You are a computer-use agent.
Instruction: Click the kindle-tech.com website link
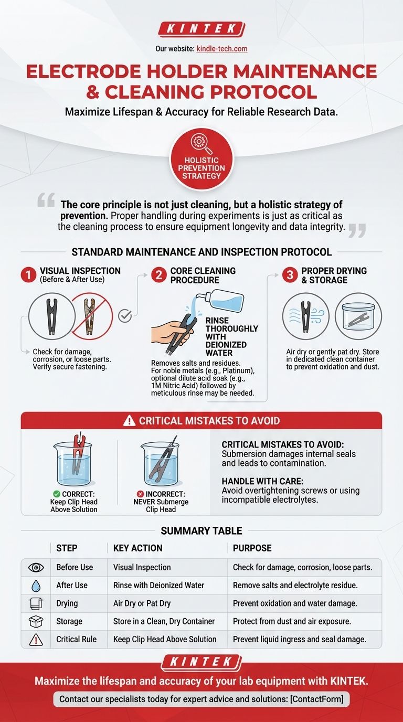(x=222, y=49)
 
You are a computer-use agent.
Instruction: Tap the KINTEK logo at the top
(x=201, y=29)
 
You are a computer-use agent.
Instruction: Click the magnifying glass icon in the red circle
(x=201, y=144)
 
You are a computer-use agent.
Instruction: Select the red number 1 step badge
(x=28, y=275)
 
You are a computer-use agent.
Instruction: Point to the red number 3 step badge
(x=290, y=275)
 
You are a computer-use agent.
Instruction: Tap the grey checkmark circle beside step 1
(x=125, y=316)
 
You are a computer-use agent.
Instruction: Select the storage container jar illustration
(x=358, y=316)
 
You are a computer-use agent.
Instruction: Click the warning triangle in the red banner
(x=129, y=421)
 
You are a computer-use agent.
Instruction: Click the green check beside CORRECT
(x=57, y=494)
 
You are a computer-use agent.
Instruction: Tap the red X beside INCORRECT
(x=140, y=494)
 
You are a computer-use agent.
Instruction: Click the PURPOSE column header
(x=252, y=548)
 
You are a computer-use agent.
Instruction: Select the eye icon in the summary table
(x=36, y=568)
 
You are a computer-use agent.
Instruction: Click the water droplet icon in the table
(x=36, y=586)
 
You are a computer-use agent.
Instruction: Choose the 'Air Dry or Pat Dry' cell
(x=142, y=603)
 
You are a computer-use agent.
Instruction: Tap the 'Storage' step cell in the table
(x=69, y=621)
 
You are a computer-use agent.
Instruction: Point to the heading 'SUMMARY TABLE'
(x=201, y=531)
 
